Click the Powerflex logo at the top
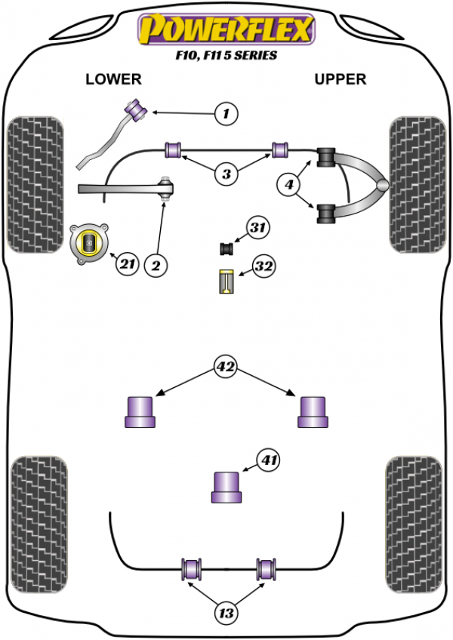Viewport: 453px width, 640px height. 226,29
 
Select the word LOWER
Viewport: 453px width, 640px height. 113,79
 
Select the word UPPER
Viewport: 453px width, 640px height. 340,79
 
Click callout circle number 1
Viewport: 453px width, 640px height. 225,115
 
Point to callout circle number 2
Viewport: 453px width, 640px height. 156,265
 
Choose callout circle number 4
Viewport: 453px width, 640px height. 291,183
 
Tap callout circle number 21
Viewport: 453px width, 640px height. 126,263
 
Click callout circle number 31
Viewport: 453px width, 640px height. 258,227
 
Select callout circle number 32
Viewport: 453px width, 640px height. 263,266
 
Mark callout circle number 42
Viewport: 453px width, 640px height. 225,368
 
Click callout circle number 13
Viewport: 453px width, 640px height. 226,614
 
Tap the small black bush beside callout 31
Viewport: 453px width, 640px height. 226,247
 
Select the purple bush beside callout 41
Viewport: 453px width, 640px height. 226,486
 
